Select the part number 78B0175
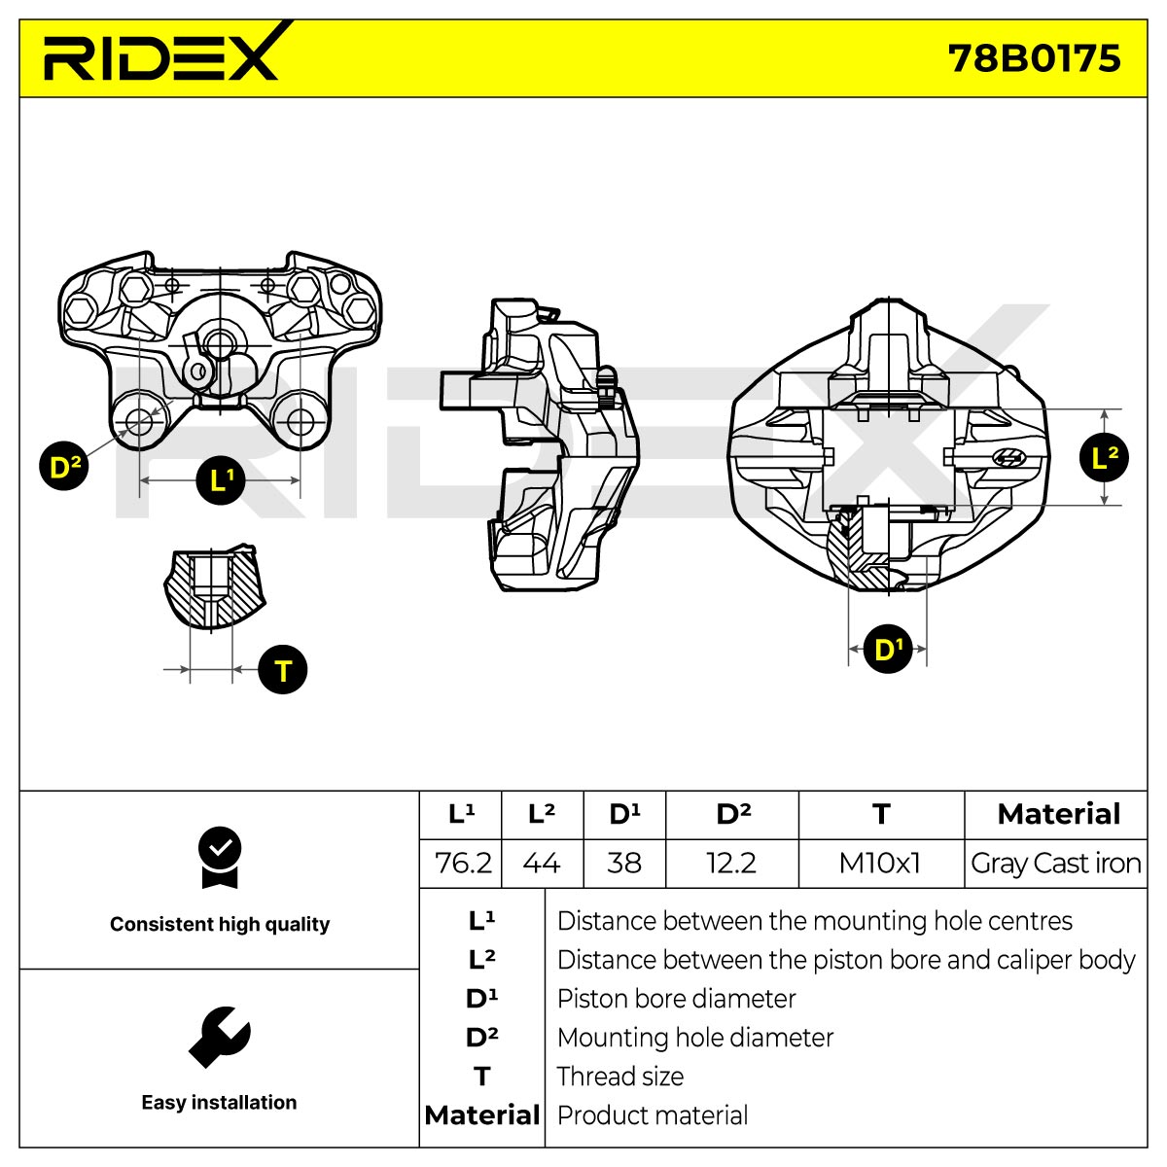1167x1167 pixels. pos(1034,58)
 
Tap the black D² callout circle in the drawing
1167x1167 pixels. pos(63,467)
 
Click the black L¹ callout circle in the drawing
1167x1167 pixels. pos(221,480)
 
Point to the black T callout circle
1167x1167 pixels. pos(283,670)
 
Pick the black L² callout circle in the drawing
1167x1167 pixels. pos(1104,457)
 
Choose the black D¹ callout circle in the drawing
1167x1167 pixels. pos(888,649)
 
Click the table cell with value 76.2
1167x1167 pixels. pos(461,864)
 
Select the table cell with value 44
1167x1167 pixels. pos(542,864)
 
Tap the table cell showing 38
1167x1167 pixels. pos(624,864)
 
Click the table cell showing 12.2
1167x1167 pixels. pos(731,864)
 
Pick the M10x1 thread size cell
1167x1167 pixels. pos(880,864)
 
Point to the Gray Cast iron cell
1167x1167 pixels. pos(1055,864)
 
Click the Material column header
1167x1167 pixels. pos(1058,814)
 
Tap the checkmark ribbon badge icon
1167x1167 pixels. pos(220,857)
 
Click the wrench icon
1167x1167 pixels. pos(219,1037)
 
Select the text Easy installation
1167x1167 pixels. pos(219,1102)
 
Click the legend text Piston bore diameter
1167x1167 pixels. pos(676,999)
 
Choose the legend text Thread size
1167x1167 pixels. pos(620,1077)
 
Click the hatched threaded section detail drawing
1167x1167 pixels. pos(214,586)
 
